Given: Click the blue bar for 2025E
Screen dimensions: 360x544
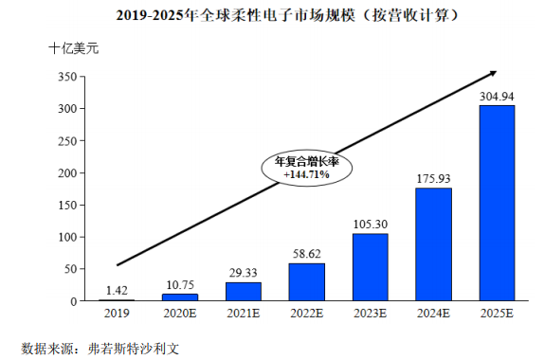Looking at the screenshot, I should click(497, 203).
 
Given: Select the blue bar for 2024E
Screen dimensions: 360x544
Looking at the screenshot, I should click(433, 244).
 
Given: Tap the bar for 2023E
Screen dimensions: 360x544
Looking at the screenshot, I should click(370, 267).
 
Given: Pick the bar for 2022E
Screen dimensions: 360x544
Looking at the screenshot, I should click(306, 282).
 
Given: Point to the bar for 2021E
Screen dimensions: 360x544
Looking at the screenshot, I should click(244, 292).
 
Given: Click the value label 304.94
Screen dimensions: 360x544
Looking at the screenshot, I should click(497, 96).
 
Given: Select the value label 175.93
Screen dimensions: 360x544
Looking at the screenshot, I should click(433, 178).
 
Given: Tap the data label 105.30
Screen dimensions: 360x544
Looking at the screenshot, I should click(370, 224).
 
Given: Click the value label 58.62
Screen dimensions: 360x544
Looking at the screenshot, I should click(306, 254).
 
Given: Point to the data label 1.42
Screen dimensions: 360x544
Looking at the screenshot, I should click(117, 290).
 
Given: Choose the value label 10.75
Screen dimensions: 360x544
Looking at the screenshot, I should click(180, 284).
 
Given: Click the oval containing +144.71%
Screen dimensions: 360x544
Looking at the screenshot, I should click(306, 168).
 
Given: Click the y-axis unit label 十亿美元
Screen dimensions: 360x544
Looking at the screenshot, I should click(74, 47).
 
